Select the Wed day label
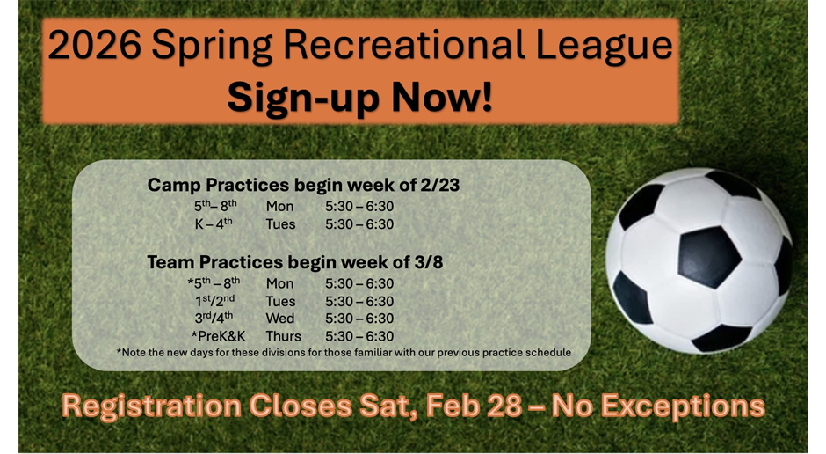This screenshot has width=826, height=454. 280,319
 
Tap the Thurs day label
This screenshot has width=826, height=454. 283,336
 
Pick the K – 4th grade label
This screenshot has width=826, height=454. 214,223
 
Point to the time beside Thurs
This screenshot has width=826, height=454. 359,336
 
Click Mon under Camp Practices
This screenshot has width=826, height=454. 279,207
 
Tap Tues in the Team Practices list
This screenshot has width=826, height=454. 280,301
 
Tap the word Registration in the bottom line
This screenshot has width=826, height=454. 149,406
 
